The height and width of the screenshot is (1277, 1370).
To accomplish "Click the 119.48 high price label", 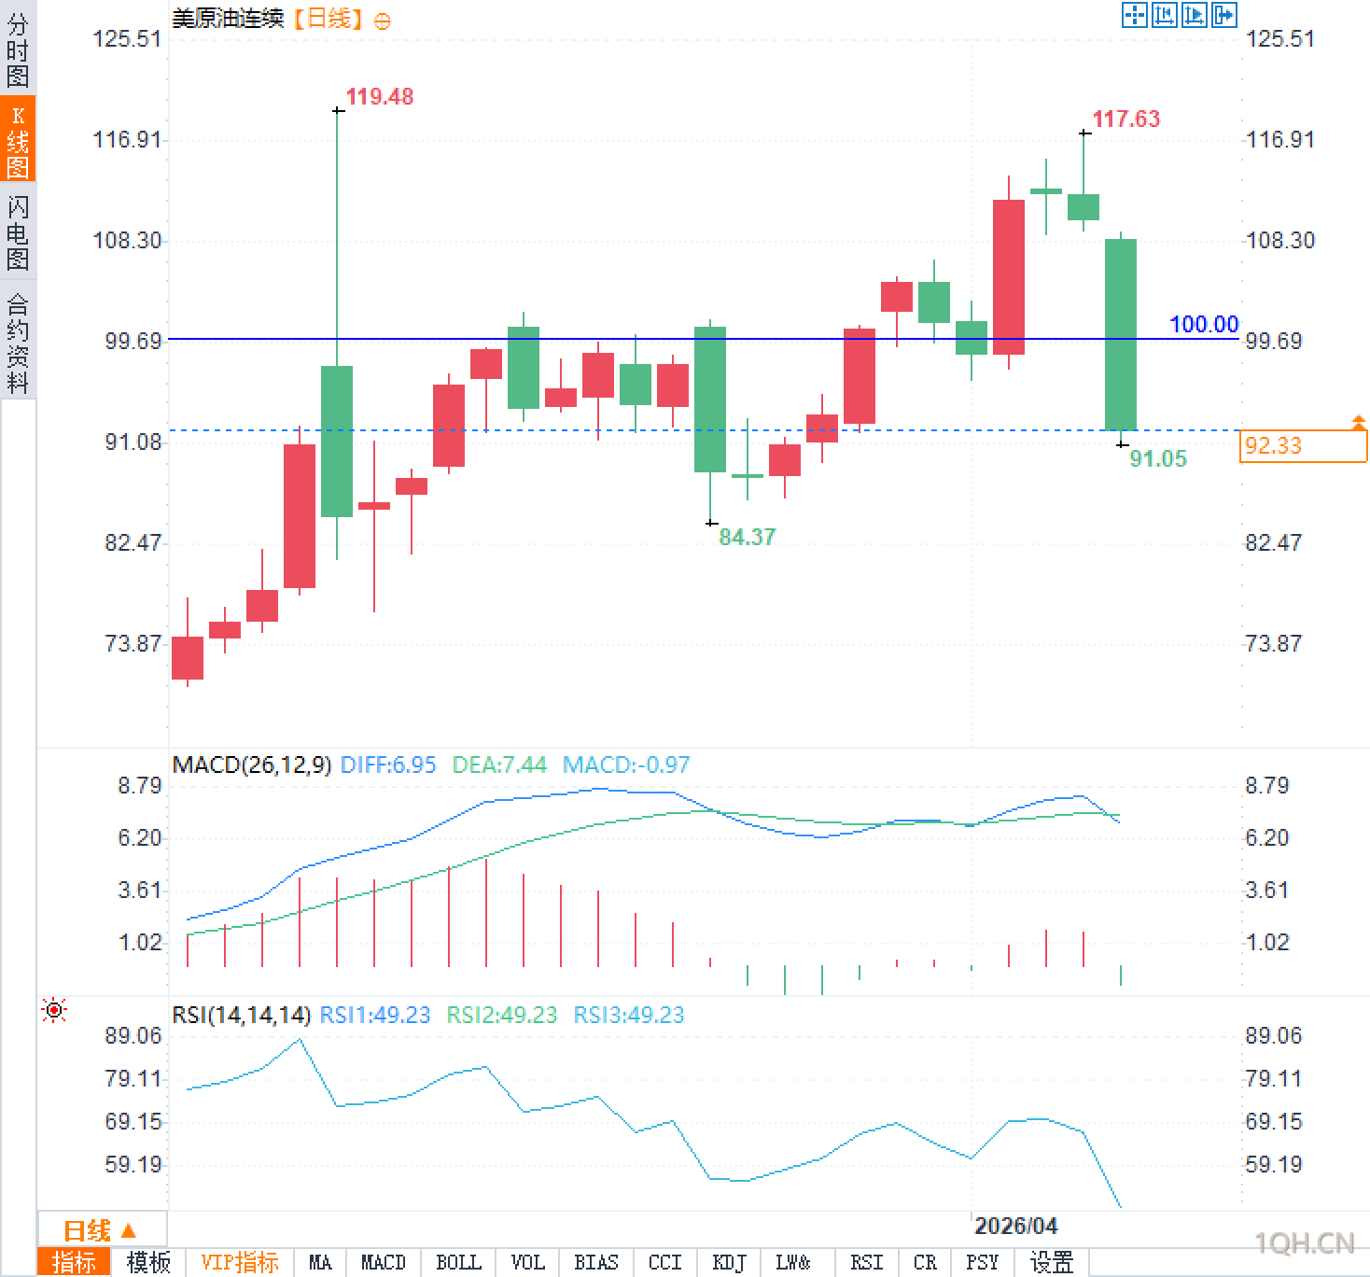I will click(x=379, y=97).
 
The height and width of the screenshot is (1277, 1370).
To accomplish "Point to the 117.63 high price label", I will click(x=1125, y=119).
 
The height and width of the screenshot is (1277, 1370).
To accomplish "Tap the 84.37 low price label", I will click(x=747, y=538).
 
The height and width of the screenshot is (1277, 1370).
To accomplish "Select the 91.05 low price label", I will click(x=1158, y=459).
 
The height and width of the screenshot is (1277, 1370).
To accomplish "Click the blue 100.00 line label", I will click(x=1204, y=325).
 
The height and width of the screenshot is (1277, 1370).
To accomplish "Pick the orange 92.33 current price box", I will click(x=1303, y=446).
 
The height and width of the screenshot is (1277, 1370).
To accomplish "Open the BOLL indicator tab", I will click(x=458, y=1263).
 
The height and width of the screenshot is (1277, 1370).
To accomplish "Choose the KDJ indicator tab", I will click(x=729, y=1263).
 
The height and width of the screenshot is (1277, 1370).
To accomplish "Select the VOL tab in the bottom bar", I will click(x=527, y=1263).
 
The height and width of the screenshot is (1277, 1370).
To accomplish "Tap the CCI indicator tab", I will click(x=664, y=1263).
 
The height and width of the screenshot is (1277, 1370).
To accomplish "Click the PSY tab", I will click(x=982, y=1263).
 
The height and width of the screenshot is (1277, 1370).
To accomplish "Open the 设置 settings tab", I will click(x=1051, y=1263).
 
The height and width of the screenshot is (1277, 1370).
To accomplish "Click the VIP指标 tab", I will click(x=240, y=1263).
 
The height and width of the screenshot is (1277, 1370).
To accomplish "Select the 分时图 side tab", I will click(x=18, y=50).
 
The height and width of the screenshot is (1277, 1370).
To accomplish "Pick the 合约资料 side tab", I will click(x=18, y=344).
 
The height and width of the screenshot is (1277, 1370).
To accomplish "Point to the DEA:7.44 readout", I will click(x=499, y=765).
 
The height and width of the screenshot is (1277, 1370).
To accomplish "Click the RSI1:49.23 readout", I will click(x=375, y=1016).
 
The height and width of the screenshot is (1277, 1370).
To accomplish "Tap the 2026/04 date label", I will click(x=1015, y=1226).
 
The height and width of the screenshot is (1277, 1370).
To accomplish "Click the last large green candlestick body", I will click(x=1121, y=334).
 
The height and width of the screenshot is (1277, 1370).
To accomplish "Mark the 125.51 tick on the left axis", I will click(x=127, y=39).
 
